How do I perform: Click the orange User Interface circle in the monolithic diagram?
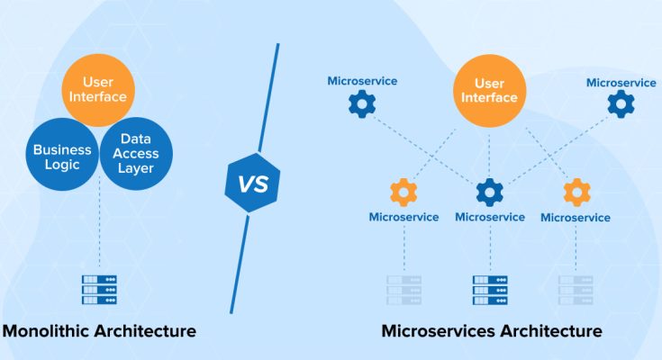point(99,90)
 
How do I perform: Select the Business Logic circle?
point(62,157)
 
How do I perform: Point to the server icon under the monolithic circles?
point(99,290)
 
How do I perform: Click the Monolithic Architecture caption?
point(99,331)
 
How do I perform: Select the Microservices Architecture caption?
point(492,331)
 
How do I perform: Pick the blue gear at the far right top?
point(621,105)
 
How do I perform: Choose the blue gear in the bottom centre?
point(489,191)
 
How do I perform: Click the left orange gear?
point(404,191)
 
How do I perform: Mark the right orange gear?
point(576,191)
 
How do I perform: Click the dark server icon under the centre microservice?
point(489,290)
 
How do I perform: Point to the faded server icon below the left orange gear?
point(404,290)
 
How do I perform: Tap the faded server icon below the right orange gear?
point(576,290)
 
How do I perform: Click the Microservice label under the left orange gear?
point(404,217)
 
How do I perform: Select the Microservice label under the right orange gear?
point(576,218)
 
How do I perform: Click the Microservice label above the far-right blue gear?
point(621,83)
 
